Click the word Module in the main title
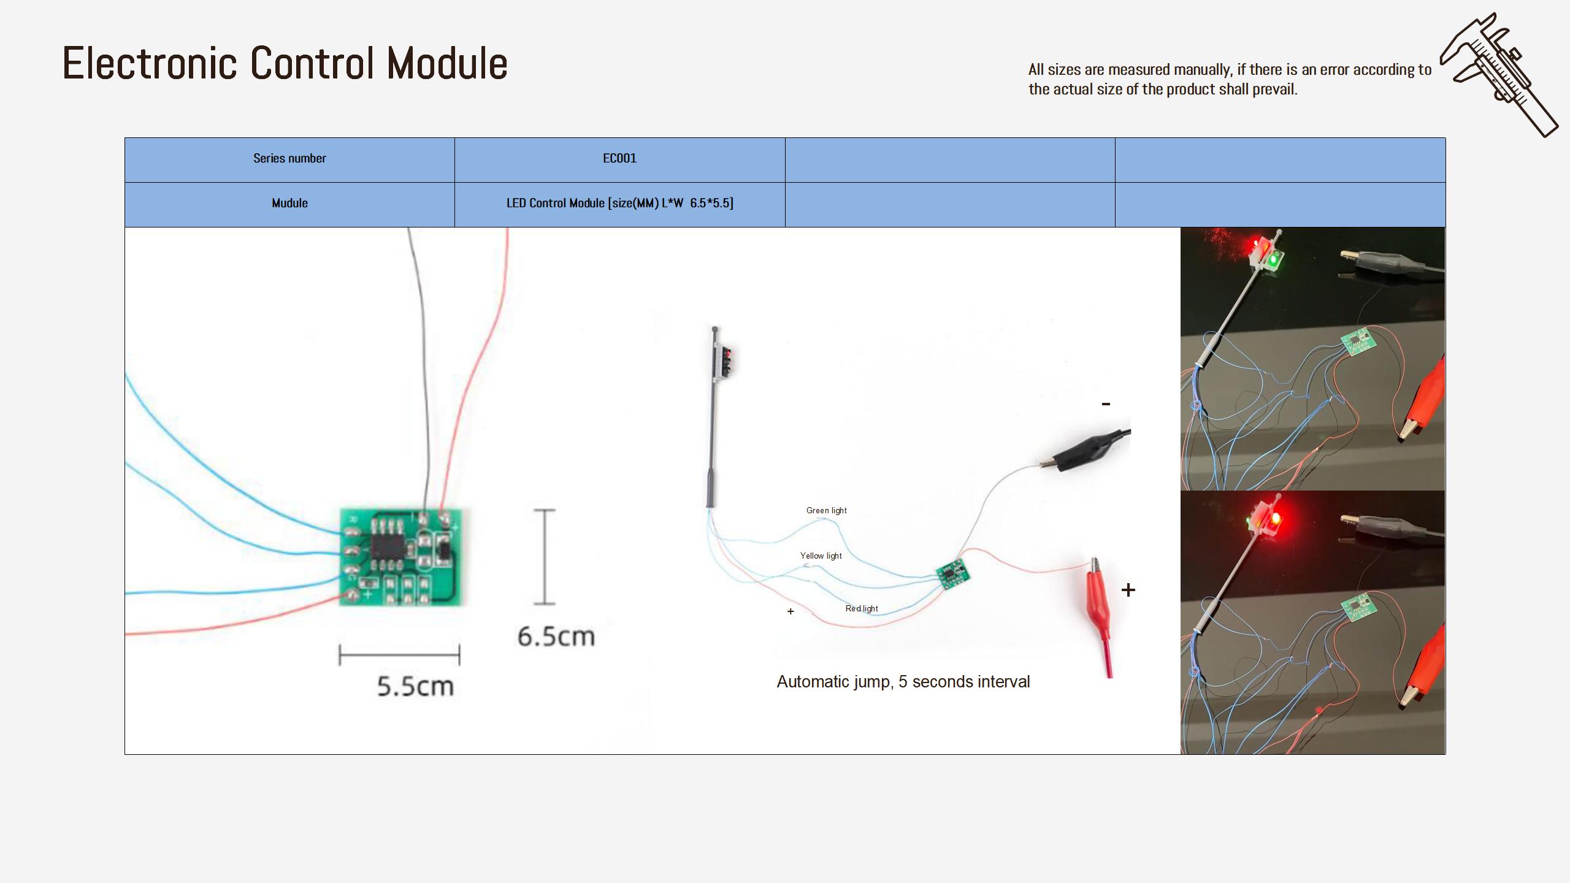pos(447,63)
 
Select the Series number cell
pos(289,159)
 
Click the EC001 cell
pos(619,159)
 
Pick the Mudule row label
pos(289,204)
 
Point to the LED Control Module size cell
pos(619,204)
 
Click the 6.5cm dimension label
pos(556,636)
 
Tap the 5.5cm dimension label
pos(415,686)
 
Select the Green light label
pos(826,510)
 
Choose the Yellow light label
pos(821,556)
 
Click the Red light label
pos(862,608)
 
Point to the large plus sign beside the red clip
pos(1128,590)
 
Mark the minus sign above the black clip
pos(1106,403)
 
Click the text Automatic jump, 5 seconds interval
pos(903,682)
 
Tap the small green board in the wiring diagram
pos(953,575)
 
